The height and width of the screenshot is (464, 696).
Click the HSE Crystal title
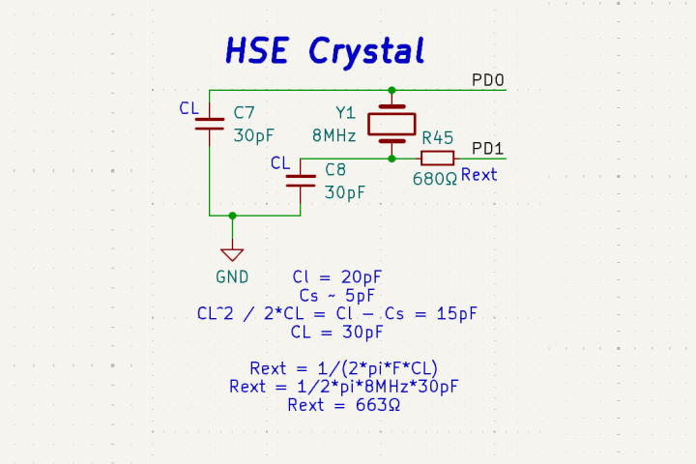click(325, 50)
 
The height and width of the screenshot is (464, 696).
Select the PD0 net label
click(487, 80)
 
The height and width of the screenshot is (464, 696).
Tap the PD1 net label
click(487, 149)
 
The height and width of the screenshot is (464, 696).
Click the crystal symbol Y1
click(391, 123)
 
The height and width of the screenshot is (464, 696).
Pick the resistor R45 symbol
click(437, 158)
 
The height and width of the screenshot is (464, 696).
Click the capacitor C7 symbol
click(210, 123)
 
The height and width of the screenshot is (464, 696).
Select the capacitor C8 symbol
click(302, 179)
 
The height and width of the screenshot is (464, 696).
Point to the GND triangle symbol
click(232, 254)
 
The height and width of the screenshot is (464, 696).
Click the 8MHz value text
click(333, 135)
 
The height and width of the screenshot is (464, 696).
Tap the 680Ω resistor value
click(434, 179)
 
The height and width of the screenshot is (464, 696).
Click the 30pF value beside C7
click(254, 135)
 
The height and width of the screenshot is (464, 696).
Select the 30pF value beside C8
click(345, 192)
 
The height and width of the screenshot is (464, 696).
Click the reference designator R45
click(437, 138)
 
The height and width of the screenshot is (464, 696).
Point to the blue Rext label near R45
click(478, 175)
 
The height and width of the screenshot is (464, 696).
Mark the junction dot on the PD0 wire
click(391, 90)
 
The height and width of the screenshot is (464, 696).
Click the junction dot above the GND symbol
click(232, 215)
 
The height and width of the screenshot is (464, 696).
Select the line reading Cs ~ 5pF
click(336, 295)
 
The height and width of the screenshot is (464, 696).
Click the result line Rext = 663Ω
click(343, 405)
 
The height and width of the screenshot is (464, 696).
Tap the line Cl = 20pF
click(337, 276)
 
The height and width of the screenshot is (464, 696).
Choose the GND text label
click(232, 276)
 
